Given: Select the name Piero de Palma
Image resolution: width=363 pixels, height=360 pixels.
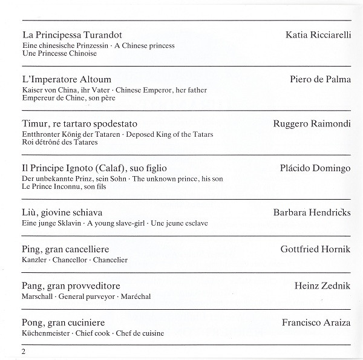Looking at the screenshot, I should (x=321, y=79).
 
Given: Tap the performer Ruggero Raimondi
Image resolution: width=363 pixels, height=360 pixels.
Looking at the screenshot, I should (x=312, y=123).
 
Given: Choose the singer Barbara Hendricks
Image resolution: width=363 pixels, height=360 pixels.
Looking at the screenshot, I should (x=312, y=212).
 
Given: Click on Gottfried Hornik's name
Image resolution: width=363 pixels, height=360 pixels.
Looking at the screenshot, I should (x=315, y=249).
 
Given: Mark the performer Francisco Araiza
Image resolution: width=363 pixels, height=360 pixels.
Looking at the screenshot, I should (x=316, y=323).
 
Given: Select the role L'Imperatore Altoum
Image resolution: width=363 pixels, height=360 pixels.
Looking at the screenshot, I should (x=67, y=80).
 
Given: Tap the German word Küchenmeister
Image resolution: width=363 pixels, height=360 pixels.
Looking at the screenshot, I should (x=47, y=333).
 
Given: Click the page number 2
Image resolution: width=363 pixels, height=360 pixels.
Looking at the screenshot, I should (x=23, y=352).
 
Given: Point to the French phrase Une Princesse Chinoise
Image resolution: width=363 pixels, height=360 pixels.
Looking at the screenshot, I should (x=59, y=53).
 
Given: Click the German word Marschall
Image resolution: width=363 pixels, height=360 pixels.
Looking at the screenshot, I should (x=38, y=296).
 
